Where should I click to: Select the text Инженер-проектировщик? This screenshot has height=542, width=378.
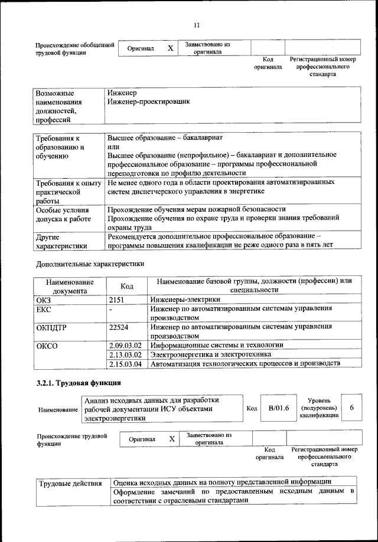point(148,102)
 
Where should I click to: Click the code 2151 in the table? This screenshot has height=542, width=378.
point(118,300)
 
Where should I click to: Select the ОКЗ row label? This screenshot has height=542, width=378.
point(45,300)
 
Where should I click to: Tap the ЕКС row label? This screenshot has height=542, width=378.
point(45,310)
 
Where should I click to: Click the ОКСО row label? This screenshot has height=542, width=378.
point(47,346)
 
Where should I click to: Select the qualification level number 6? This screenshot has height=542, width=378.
point(352,408)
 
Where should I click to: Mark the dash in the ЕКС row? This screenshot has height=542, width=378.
point(110,310)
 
